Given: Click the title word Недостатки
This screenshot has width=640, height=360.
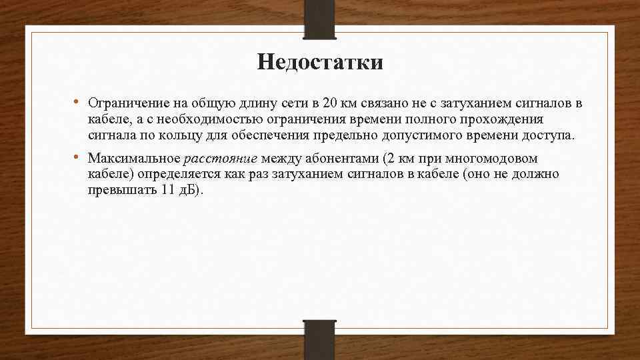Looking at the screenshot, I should [x=320, y=63].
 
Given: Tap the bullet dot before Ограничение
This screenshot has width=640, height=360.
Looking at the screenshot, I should [x=77, y=102].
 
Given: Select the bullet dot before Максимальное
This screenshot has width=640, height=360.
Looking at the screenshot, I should [x=77, y=157].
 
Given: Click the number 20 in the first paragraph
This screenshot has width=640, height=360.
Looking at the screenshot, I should [x=329, y=103].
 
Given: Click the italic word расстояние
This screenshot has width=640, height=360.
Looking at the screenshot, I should [x=221, y=159].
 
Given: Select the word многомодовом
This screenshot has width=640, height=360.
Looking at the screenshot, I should [x=488, y=159].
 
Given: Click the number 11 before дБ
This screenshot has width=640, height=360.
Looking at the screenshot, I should [x=168, y=190].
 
